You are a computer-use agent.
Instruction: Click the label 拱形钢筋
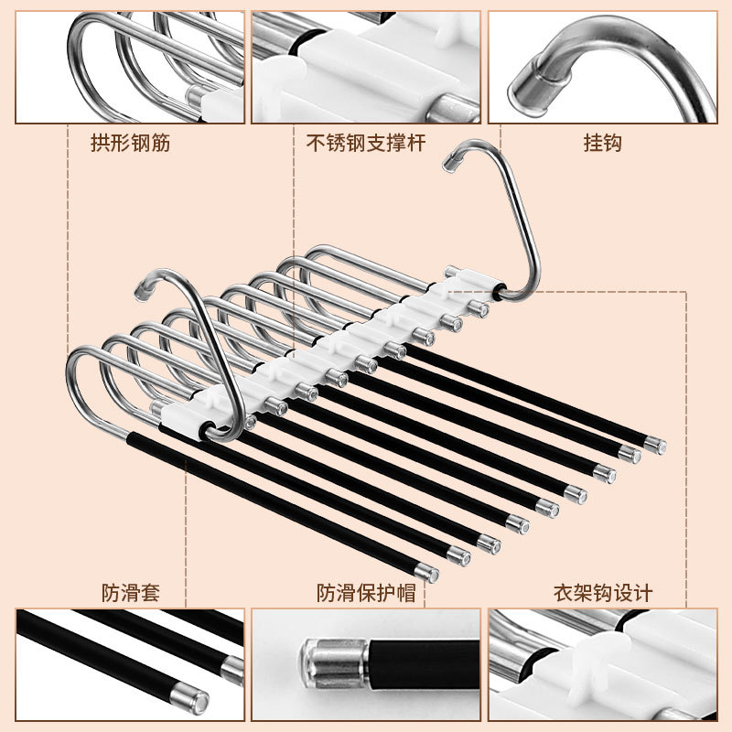(x=130, y=143)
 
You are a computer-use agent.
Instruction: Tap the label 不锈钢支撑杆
(x=365, y=143)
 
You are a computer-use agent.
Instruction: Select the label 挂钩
(x=603, y=143)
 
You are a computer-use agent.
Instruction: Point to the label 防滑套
(x=131, y=593)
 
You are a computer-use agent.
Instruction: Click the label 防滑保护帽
(x=366, y=593)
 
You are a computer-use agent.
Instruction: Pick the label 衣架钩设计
(x=603, y=593)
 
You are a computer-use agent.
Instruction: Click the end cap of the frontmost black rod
(x=427, y=574)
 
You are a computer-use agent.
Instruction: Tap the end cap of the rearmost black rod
(x=655, y=445)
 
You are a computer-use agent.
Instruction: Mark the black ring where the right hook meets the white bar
(x=499, y=292)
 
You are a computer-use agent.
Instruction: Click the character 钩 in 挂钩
(x=612, y=143)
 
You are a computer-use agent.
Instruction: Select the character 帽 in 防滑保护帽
(x=406, y=593)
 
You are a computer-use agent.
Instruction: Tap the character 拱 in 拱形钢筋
(x=100, y=143)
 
